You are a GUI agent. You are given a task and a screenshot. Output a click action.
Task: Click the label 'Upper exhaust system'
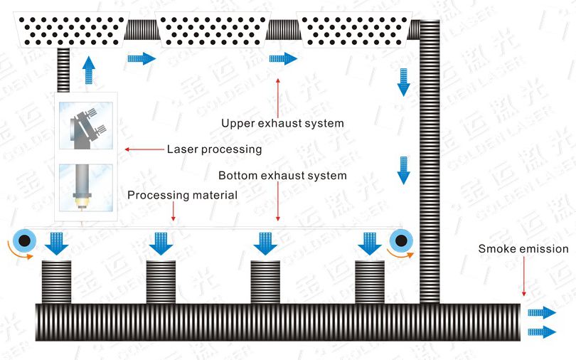(282, 123)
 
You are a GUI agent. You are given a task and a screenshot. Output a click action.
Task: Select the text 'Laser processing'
(214, 149)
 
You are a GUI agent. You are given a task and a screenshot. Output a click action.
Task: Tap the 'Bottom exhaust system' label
(282, 175)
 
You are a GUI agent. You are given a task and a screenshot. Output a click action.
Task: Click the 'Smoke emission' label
(523, 249)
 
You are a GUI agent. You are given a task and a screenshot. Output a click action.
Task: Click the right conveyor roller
(403, 241)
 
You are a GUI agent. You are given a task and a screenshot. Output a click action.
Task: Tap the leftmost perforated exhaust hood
(72, 28)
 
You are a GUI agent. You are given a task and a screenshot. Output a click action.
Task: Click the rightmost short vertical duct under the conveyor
(369, 281)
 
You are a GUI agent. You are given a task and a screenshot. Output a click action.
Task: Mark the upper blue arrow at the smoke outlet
(542, 312)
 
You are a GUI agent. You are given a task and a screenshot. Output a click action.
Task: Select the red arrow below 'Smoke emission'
(524, 277)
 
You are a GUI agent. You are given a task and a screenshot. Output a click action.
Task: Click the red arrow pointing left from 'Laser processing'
(143, 150)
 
